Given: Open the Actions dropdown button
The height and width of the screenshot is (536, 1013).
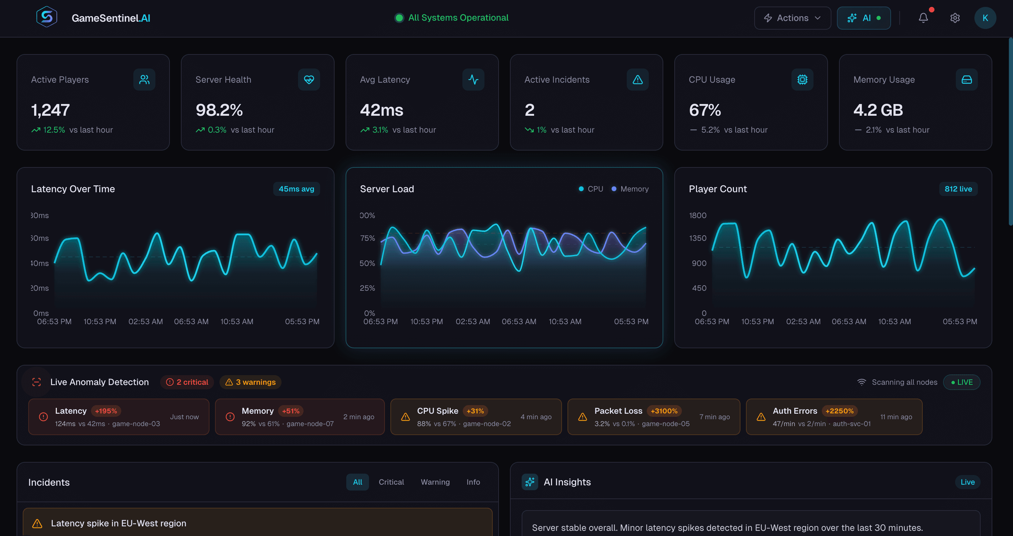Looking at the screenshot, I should [792, 18].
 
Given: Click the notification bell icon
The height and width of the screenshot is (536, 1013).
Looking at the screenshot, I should [923, 18].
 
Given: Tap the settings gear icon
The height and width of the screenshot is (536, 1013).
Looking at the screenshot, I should [955, 18].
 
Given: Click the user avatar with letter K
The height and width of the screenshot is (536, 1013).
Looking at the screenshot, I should [985, 18].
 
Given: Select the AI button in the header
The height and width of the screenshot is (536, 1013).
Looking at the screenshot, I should [863, 18].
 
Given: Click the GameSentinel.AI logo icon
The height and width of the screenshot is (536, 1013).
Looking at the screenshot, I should [47, 17].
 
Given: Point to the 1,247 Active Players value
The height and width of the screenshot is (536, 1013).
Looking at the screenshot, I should [50, 110].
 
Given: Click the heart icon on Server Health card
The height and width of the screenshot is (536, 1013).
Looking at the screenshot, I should [309, 80].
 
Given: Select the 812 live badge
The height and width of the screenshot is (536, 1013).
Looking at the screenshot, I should [958, 189].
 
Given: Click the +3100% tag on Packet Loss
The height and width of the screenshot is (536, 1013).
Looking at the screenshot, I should [664, 411].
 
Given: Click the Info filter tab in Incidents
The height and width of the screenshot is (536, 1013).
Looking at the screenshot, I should [473, 482].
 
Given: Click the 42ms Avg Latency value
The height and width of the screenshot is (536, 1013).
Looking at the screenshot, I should [381, 110].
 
